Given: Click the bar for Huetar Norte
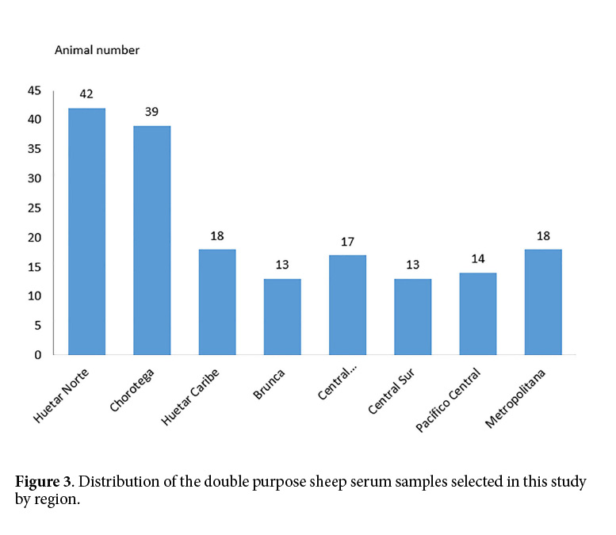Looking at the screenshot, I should click(x=86, y=231).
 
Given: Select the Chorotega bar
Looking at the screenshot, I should click(x=151, y=240).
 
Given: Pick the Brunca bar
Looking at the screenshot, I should click(x=281, y=317).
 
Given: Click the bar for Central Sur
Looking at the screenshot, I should click(x=412, y=317).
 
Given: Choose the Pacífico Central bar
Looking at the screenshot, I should click(x=477, y=314).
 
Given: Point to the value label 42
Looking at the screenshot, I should click(x=86, y=94).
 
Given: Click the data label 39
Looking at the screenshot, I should click(x=151, y=112).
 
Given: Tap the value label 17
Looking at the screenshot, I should click(x=347, y=241).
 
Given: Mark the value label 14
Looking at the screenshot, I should click(x=477, y=258).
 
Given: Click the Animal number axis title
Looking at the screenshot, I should click(x=97, y=50).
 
